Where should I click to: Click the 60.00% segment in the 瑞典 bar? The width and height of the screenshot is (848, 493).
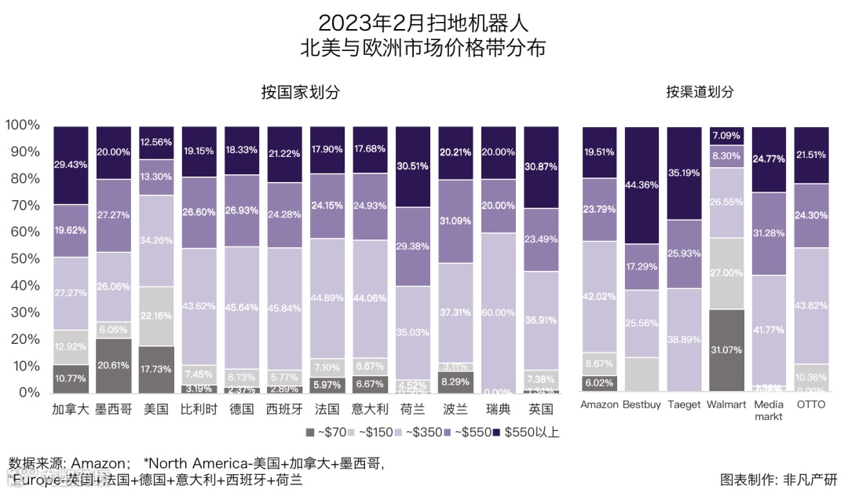[x=499, y=312]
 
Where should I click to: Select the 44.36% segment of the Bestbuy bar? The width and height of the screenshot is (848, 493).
[x=642, y=184]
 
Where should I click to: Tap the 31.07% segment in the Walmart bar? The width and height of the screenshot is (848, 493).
[x=727, y=350]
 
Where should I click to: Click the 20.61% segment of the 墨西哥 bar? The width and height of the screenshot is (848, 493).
[x=113, y=365]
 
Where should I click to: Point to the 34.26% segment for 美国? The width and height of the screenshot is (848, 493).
[x=155, y=240]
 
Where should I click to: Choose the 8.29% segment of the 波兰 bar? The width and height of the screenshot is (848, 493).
[x=456, y=382]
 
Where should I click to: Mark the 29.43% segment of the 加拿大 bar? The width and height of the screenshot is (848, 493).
[x=71, y=165]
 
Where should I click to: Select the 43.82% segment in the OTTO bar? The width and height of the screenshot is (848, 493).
[x=812, y=305]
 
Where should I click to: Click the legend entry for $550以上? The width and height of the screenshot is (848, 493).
[x=525, y=432]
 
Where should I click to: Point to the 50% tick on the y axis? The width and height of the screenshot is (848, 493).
[x=23, y=258]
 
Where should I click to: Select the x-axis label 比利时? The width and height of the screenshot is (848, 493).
[x=198, y=409]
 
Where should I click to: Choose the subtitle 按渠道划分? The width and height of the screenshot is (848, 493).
[x=700, y=92]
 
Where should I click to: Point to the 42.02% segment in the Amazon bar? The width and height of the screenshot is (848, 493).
[x=600, y=296]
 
